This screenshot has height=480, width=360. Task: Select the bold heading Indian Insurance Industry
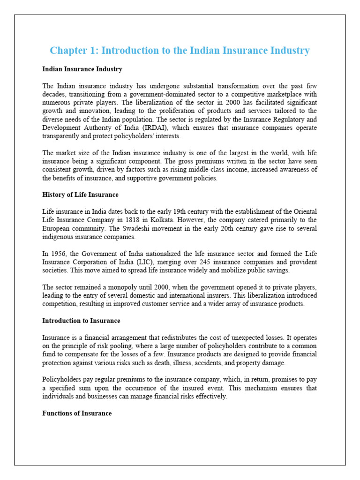point(82,69)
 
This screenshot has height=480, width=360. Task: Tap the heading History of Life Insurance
point(80,195)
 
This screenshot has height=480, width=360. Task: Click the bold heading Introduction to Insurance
point(81,321)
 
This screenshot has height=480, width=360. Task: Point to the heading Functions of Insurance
point(77,413)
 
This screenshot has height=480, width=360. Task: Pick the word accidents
point(220,362)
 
